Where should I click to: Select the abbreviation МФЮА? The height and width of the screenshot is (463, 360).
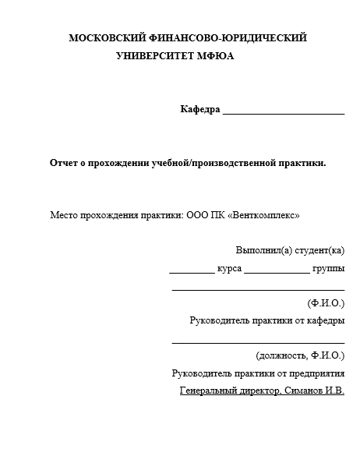(216, 56)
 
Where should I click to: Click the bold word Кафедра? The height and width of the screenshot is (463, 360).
(200, 109)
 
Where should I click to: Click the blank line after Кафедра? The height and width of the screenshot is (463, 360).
(284, 111)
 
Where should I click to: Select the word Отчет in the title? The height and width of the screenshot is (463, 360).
(65, 163)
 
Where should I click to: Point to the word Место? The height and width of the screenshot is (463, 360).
(65, 214)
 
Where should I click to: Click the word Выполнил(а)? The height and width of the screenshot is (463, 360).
(264, 250)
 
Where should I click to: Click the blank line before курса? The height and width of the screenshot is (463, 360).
(191, 271)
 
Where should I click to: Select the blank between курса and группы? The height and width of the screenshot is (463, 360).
(277, 271)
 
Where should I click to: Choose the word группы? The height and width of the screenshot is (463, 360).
(328, 269)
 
